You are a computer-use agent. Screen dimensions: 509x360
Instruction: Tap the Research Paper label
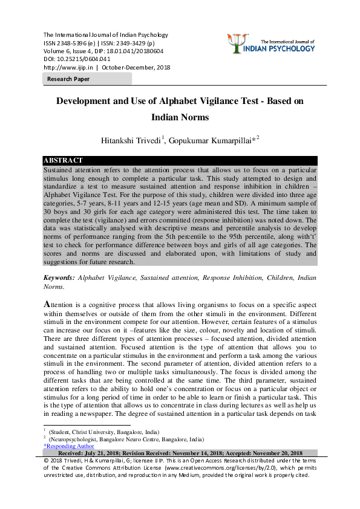(69, 79)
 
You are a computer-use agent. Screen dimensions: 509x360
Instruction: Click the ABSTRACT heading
(63, 160)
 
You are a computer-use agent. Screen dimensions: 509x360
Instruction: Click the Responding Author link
(69, 446)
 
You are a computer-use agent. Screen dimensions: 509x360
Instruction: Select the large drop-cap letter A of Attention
(48, 304)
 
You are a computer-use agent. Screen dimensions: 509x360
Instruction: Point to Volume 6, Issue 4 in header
(67, 51)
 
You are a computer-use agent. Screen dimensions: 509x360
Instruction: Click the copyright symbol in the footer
(47, 461)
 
